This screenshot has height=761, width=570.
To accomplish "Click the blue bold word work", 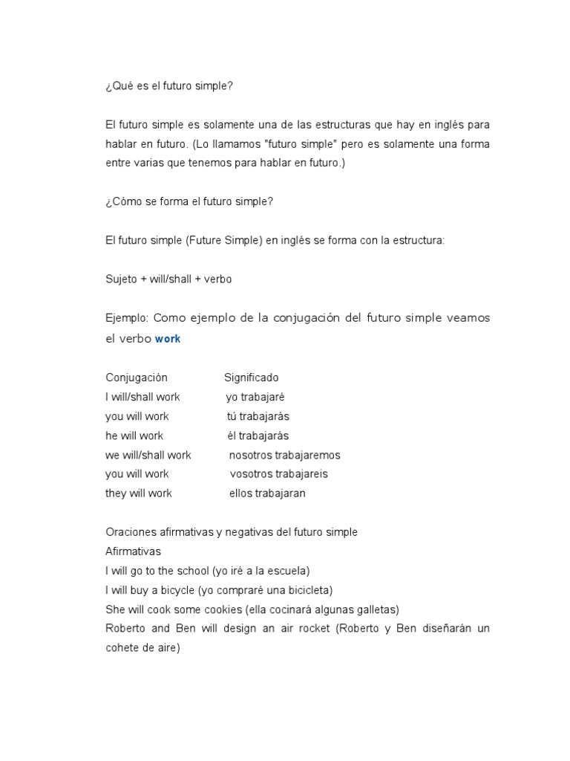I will pos(168,339).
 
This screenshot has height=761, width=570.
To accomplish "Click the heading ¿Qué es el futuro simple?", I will pos(169,85).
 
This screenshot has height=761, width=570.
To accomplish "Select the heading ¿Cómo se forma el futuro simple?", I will pos(190,201).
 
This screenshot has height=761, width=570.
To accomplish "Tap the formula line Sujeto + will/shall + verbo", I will pos(169,279).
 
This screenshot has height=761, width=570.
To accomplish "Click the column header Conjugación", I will pos(137,378).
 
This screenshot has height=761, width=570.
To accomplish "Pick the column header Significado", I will pos(252,378).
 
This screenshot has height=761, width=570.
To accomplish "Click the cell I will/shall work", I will pos(142,397).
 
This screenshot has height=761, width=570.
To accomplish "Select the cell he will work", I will pos(134,435).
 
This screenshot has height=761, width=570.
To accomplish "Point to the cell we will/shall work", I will pos(148,455).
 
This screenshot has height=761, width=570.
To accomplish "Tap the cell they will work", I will pos(139,493).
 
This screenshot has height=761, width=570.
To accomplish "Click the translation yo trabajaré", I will pos(255,397).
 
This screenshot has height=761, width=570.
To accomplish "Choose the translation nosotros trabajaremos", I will pos(285,455).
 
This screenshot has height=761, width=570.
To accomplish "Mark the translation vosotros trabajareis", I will pos(279,474).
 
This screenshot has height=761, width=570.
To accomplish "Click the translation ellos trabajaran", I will pos(268,493).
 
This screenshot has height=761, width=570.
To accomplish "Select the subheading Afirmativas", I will pos(133,551).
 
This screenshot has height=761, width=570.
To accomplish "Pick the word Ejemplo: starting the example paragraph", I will pos(128,318).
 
